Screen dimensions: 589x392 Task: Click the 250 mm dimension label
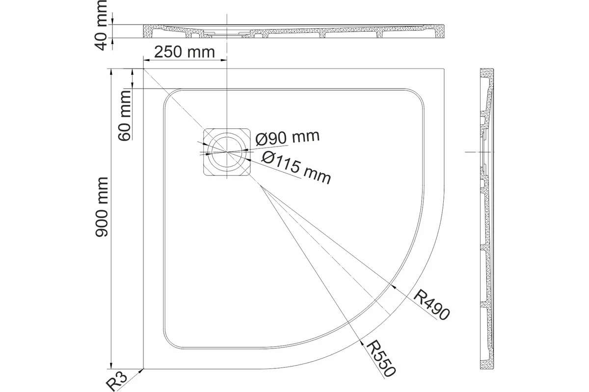(x=185, y=52)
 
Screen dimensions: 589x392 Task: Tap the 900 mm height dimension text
(x=102, y=207)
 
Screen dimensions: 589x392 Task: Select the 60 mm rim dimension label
(x=125, y=116)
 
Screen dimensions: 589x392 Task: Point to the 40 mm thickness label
(x=101, y=25)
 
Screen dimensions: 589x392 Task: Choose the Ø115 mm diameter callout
(x=296, y=168)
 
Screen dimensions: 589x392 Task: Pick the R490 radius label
(x=431, y=305)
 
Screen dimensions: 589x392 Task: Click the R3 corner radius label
(x=116, y=381)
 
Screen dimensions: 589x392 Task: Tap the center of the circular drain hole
(x=227, y=152)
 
